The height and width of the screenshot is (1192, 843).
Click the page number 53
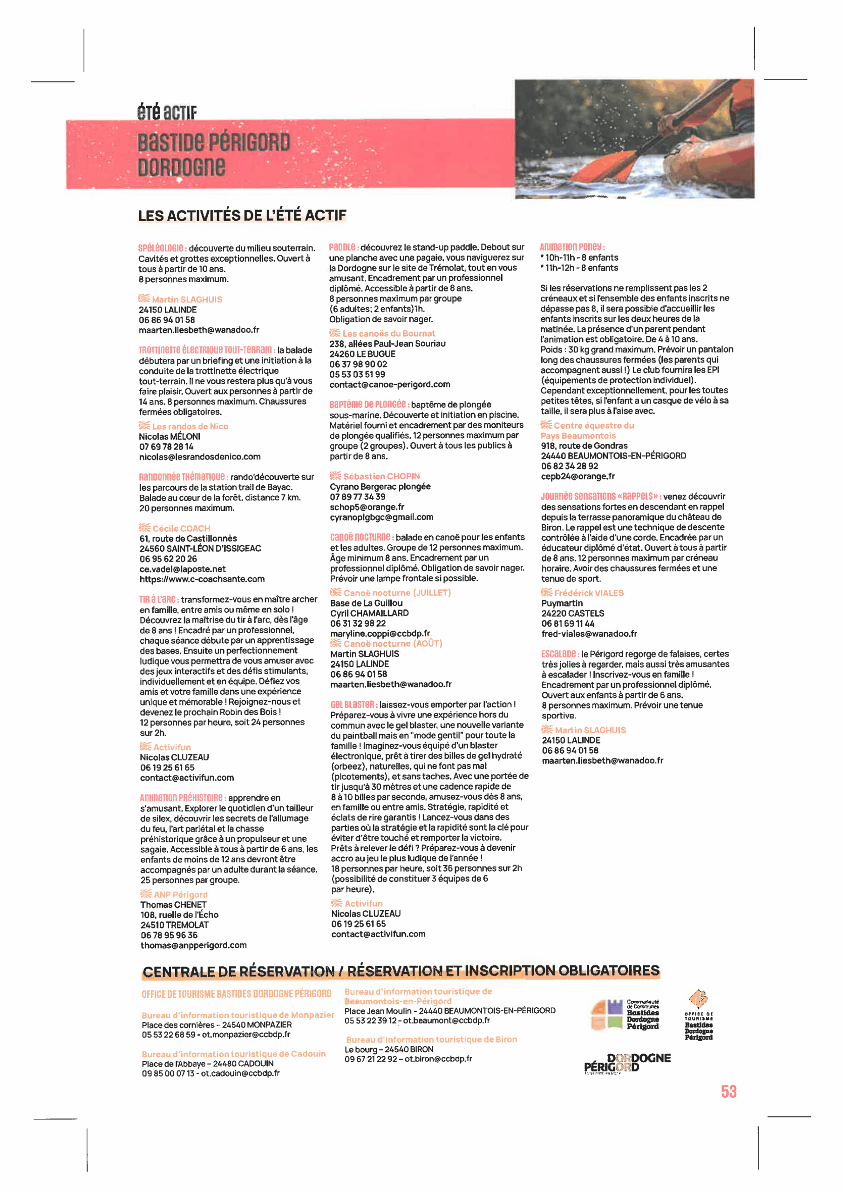point(728,1091)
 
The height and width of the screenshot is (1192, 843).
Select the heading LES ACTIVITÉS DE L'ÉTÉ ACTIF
point(242,216)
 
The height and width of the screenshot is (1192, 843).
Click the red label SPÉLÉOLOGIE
point(161,248)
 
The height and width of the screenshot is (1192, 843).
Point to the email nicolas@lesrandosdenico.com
point(199,457)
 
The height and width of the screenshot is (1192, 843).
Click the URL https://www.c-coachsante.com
point(202,579)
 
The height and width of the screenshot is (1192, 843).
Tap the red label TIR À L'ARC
point(158,599)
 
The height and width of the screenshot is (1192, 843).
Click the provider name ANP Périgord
point(180,894)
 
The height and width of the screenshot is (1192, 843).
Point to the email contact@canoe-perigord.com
point(389,385)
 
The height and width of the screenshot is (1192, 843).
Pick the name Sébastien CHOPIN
point(381,476)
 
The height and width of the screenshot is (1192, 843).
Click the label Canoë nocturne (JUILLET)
point(397,593)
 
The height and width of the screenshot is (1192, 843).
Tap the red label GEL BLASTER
point(353,704)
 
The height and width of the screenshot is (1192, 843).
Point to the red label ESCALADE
point(559,654)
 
